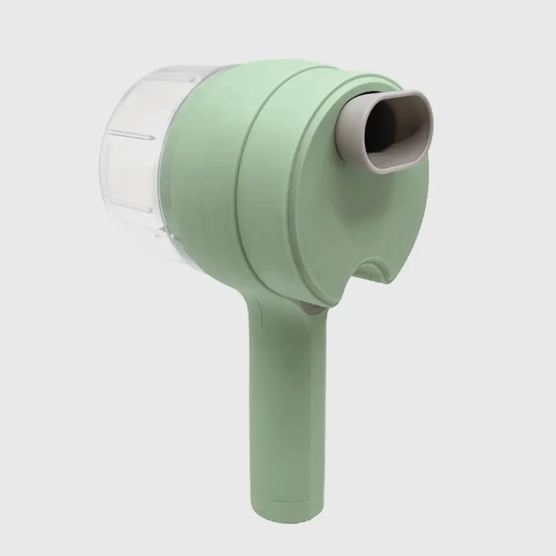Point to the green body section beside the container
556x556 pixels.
pyautogui.click(x=206, y=167)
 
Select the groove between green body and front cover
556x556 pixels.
pyautogui.click(x=250, y=167)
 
